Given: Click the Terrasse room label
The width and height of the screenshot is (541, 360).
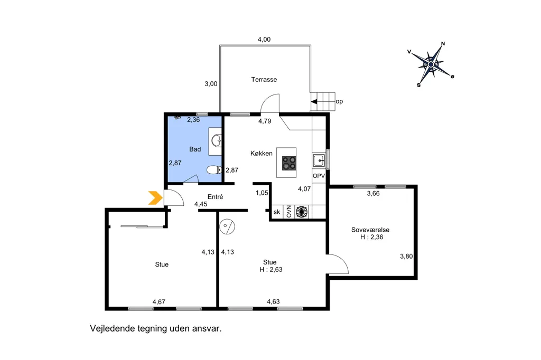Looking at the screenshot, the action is point(264,80).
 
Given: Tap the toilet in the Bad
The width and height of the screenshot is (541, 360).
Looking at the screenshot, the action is point(214,169).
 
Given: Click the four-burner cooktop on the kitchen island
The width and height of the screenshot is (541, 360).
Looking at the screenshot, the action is point(289,163).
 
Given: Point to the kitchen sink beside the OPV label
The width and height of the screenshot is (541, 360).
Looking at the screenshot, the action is point(319,160).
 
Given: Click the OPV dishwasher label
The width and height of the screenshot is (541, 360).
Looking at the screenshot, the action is point(319,176).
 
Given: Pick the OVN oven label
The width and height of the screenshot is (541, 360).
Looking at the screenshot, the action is point(289,212).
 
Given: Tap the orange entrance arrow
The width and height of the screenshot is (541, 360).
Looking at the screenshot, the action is point(155,198).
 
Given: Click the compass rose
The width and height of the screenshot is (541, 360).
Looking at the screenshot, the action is point(431,64).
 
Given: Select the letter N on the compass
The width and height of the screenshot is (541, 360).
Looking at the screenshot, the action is point(443,44).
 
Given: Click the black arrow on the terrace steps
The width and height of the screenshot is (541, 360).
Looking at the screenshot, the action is point(314,102).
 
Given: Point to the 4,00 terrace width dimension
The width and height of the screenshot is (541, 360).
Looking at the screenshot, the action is point(264,40).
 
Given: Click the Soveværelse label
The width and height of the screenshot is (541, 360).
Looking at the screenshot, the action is point(370,230).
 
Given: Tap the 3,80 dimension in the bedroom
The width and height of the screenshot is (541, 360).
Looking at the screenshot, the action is point(406,256).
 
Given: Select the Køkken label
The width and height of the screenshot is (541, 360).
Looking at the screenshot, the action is point(261,154).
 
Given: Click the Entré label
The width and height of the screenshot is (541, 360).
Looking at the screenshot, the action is point(216,197).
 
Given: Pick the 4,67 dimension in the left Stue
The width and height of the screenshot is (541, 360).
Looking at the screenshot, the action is point(158,302).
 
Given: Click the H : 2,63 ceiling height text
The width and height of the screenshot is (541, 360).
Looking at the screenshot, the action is point(271,270).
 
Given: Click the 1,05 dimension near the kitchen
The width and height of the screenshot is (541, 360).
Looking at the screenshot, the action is point(262,193).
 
